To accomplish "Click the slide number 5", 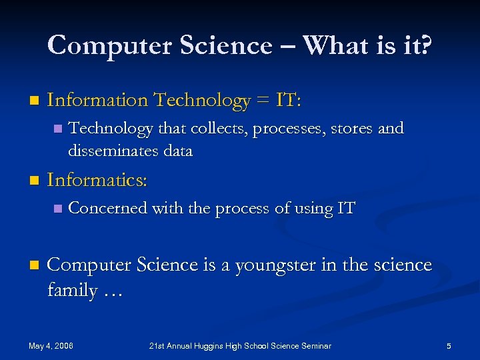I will [449, 346].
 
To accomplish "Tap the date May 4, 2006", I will [51, 346].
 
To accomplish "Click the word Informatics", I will [97, 181].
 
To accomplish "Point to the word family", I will [72, 291].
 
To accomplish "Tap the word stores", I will [349, 128].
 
